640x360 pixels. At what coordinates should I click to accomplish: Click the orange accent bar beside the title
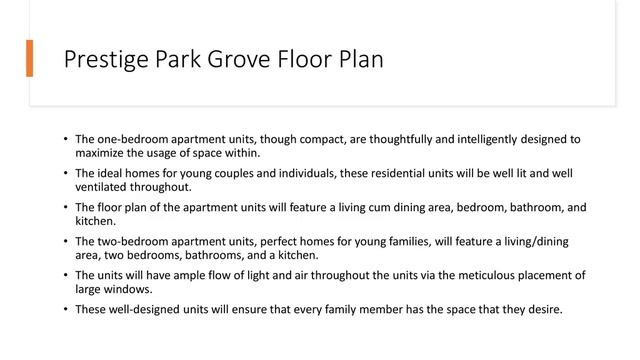point(30,59)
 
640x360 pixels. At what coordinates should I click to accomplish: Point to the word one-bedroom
point(136,138)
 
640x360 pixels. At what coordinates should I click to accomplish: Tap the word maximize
point(101,153)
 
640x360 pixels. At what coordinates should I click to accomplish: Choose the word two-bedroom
point(139,241)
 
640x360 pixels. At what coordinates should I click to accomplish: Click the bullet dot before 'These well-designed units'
point(64,309)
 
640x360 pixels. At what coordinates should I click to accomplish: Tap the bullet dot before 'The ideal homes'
point(64,173)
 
